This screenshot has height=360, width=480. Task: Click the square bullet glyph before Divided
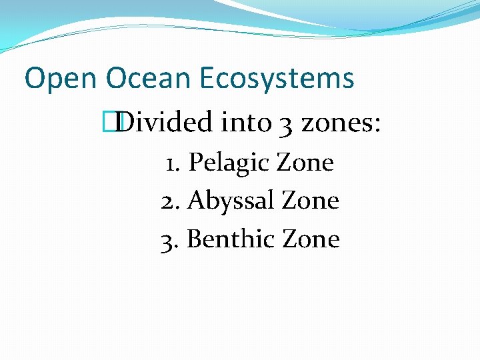tap(117, 123)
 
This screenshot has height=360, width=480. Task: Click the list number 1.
tap(170, 162)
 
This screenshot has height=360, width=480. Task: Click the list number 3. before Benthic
tap(170, 239)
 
